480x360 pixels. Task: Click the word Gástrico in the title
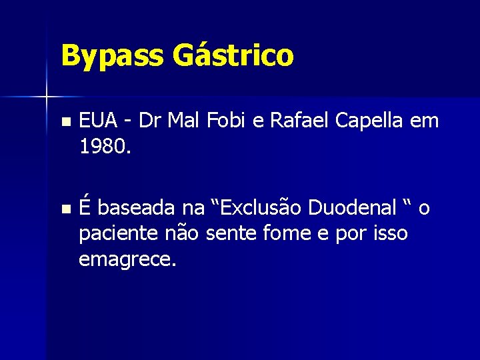[x=233, y=56]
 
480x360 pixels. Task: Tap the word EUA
[x=99, y=121]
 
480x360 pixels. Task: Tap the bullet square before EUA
[x=64, y=123]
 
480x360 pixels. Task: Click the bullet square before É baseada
[x=64, y=210]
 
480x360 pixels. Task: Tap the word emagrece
[x=127, y=258]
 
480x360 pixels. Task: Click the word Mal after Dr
[x=184, y=121]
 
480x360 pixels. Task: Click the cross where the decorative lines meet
[x=47, y=97]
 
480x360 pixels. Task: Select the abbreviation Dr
[x=152, y=121]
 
